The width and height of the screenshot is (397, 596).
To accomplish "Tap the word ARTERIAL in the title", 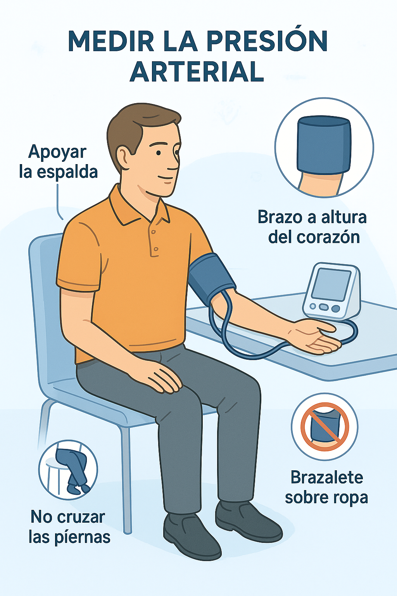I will coord(197,71).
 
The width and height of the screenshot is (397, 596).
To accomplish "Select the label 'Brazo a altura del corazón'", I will coord(312,227).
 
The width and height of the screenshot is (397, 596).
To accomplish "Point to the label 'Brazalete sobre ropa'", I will coord(326,487).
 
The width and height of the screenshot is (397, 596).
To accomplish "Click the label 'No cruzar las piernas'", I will coord(69,527).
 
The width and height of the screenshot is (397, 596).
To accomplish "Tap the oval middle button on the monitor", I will coord(324,307).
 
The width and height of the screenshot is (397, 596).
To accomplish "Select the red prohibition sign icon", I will coord(325,427).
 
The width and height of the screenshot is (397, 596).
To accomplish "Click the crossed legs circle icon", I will coord(68,470).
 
